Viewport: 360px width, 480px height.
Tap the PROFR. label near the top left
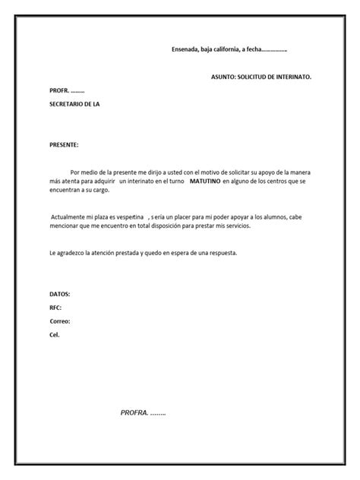tap(58, 90)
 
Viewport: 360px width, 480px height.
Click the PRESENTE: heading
tap(63, 144)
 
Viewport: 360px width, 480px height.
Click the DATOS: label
tap(60, 293)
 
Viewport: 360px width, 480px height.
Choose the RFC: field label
tap(55, 308)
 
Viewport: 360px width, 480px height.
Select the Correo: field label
tap(59, 321)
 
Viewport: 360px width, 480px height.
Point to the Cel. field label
tap(54, 335)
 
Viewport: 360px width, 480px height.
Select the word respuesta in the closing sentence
tap(221, 252)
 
